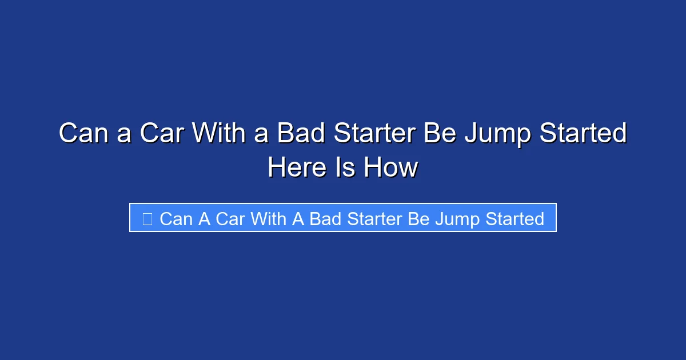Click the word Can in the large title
[x=81, y=134]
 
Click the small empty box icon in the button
[x=147, y=219]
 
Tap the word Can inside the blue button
[x=176, y=219]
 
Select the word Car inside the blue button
[x=230, y=219]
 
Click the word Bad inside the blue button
[x=326, y=219]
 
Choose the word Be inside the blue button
[x=419, y=219]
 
